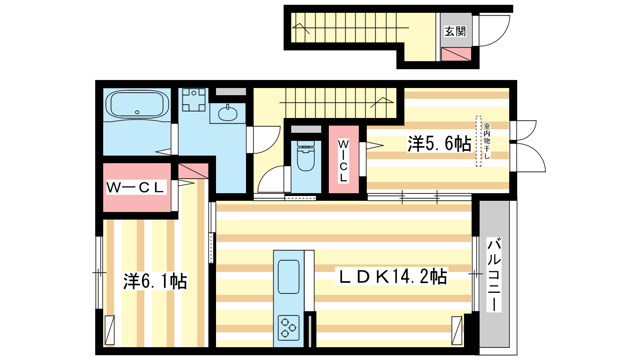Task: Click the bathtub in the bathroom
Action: (137, 104)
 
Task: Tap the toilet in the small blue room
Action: (306, 156)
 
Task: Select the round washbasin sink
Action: (228, 114)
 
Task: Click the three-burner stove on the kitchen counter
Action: (288, 328)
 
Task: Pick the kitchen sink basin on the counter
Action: (288, 277)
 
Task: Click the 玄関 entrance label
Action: (455, 32)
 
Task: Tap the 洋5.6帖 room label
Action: (440, 144)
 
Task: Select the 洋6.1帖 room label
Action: (155, 282)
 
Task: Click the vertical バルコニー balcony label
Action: (494, 274)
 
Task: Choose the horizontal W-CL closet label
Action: (135, 187)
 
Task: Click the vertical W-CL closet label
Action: (343, 161)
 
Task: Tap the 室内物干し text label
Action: (487, 141)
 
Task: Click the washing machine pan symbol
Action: (194, 100)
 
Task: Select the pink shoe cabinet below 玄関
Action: (456, 54)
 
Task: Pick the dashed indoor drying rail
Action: (478, 141)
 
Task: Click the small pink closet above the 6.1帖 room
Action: (194, 170)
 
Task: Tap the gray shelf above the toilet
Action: (306, 129)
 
